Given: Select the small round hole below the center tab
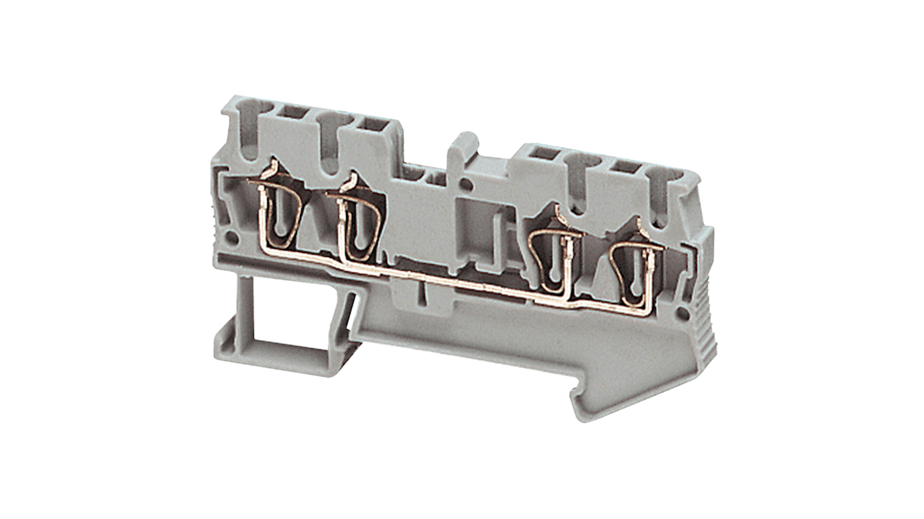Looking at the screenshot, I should click(466, 185).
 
